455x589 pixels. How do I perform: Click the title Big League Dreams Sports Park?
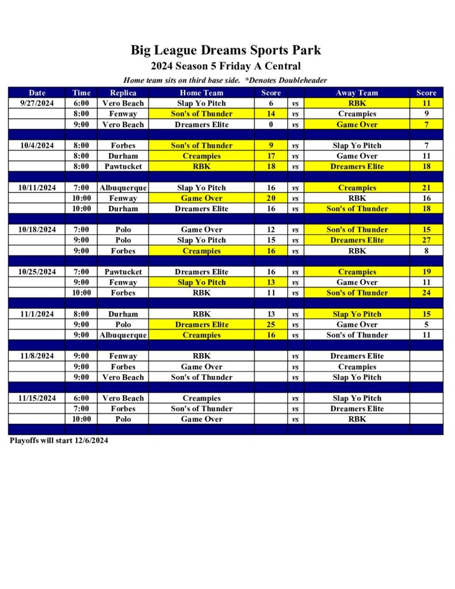tap(225, 50)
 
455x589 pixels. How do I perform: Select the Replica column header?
tap(123, 93)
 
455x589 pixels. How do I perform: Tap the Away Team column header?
tap(357, 93)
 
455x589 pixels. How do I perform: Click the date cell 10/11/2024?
tap(37, 188)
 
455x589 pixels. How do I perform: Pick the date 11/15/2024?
tap(37, 398)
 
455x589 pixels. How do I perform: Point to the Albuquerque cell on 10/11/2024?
tap(123, 188)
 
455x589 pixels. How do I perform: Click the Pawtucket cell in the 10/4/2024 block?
tap(123, 166)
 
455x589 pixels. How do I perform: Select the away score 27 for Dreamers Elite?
tap(426, 240)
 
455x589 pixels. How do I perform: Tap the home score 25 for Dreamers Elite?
tap(271, 324)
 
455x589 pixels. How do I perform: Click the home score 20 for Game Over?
tap(271, 198)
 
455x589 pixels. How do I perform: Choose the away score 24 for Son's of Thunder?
tap(426, 293)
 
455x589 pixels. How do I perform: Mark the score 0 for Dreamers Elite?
tap(271, 124)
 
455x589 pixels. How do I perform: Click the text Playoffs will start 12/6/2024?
tap(59, 441)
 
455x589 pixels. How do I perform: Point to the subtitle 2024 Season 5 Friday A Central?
tap(225, 66)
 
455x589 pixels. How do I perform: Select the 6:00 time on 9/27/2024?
tap(81, 103)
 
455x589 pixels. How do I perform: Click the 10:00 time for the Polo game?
tap(81, 419)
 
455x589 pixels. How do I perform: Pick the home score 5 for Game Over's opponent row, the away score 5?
tap(426, 324)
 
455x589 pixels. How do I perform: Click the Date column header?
tap(37, 93)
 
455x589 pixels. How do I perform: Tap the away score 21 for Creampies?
tap(426, 188)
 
